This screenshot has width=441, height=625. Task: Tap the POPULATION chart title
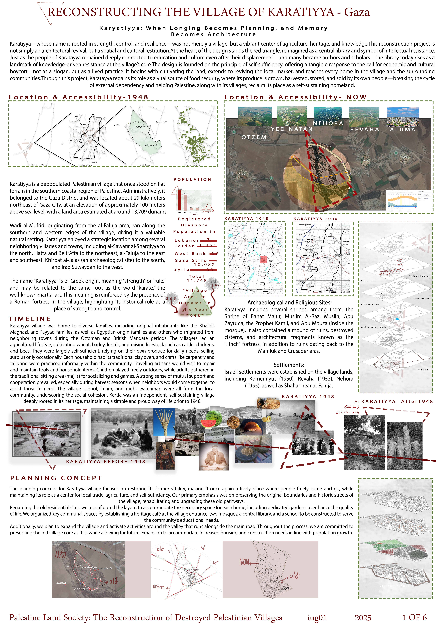(193, 179)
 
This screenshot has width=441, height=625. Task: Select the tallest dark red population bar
(179, 200)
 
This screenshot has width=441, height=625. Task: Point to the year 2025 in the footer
(363, 618)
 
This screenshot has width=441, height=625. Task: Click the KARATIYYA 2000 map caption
(315, 219)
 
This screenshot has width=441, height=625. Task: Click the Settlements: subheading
(289, 365)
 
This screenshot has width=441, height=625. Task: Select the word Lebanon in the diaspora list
(187, 240)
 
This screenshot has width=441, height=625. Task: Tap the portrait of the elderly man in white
(214, 457)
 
